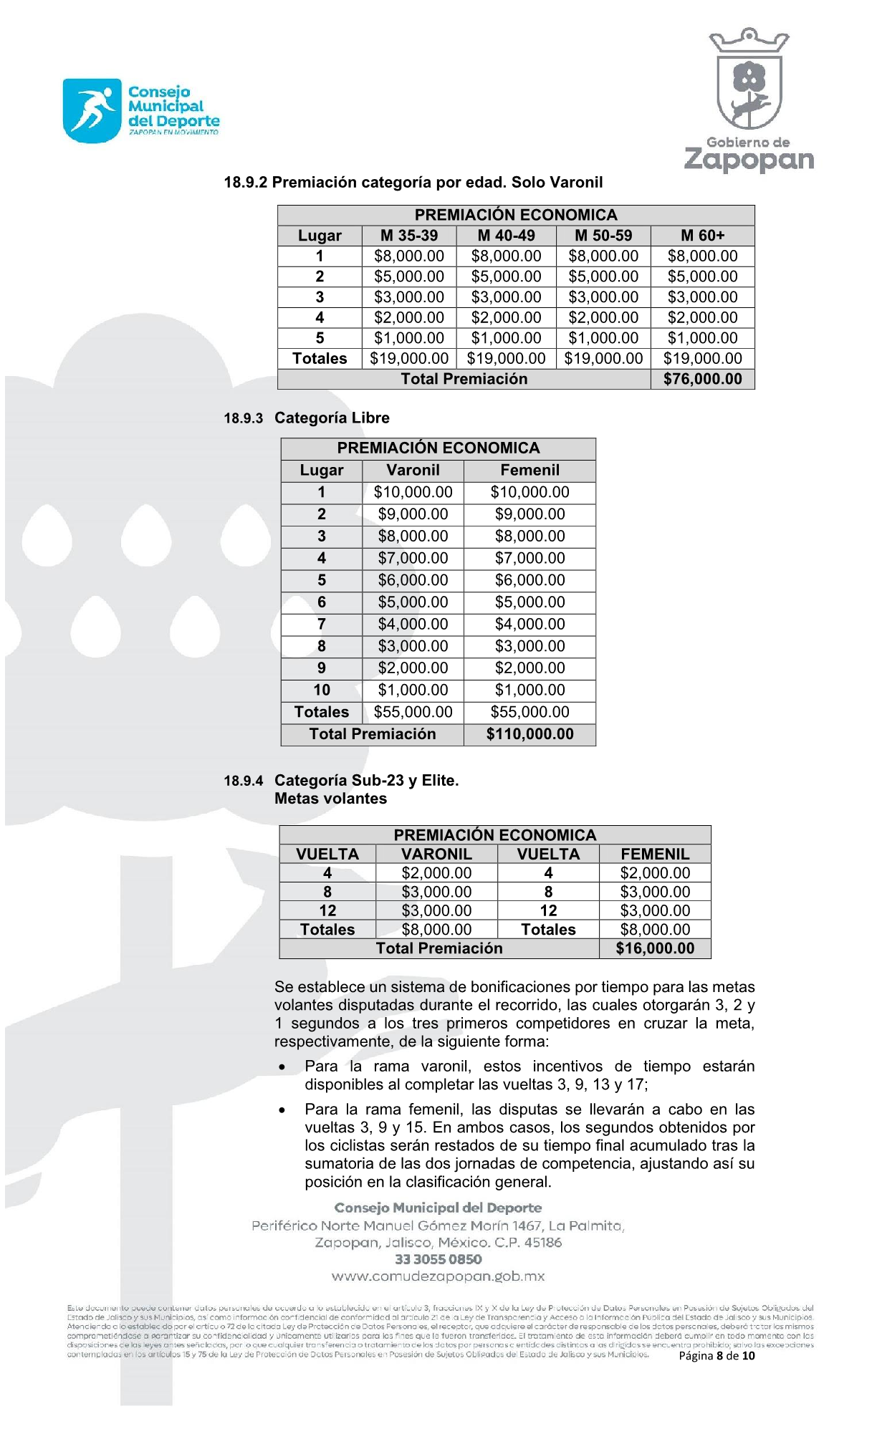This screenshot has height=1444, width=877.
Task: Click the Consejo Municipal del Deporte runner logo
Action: coord(92,110)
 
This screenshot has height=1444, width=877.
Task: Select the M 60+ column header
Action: coord(702,236)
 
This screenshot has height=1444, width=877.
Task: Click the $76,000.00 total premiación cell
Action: coord(702,379)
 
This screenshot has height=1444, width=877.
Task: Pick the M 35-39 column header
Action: coord(408,236)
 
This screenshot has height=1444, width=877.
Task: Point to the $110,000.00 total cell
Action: coord(529,734)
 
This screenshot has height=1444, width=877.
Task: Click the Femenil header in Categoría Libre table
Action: coord(529,471)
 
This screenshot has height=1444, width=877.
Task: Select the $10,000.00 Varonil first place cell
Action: coord(413,492)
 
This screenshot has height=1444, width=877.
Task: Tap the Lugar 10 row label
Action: coord(322,690)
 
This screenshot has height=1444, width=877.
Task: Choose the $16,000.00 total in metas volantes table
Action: coord(655,948)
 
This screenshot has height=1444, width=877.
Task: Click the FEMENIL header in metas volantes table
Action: coord(655,854)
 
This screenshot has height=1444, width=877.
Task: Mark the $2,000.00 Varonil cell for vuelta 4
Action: coord(436,873)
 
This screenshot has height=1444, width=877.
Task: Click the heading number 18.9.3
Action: coord(244,418)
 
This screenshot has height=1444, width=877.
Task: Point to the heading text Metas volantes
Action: coord(330,799)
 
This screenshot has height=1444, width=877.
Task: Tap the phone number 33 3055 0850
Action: coord(438,1259)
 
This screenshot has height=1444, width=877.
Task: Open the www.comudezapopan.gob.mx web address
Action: coord(438,1276)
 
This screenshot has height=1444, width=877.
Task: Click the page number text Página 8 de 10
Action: coord(717,1355)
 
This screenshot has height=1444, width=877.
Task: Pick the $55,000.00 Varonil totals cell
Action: coord(413,712)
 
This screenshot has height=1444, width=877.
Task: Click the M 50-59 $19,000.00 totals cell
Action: coord(603,358)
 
